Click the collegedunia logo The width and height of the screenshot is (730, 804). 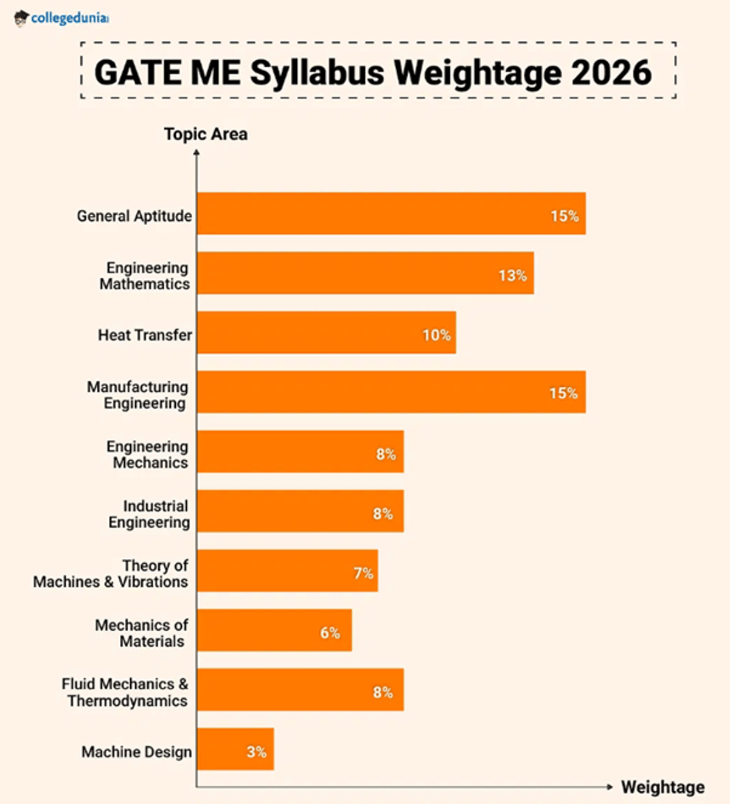61,18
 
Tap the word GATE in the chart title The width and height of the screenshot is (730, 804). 137,73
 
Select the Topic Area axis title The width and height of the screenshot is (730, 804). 206,134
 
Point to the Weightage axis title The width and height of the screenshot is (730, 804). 662,787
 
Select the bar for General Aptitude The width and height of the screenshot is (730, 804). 391,214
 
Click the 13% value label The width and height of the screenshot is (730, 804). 512,276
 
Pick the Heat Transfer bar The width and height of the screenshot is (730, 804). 326,333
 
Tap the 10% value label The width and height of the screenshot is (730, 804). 436,335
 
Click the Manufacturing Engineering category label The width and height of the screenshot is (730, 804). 137,395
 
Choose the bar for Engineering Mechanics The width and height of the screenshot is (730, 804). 300,452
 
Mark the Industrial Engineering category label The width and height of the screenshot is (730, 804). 149,515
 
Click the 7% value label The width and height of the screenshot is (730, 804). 363,573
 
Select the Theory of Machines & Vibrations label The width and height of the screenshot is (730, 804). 111,574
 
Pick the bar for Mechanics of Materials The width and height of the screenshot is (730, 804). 274,631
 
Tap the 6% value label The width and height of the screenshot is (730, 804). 330,633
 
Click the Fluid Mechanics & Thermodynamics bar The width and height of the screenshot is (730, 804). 300,690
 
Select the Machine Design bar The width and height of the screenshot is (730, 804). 235,749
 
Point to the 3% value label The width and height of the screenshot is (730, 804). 256,752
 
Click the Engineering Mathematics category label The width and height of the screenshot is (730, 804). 145,276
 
